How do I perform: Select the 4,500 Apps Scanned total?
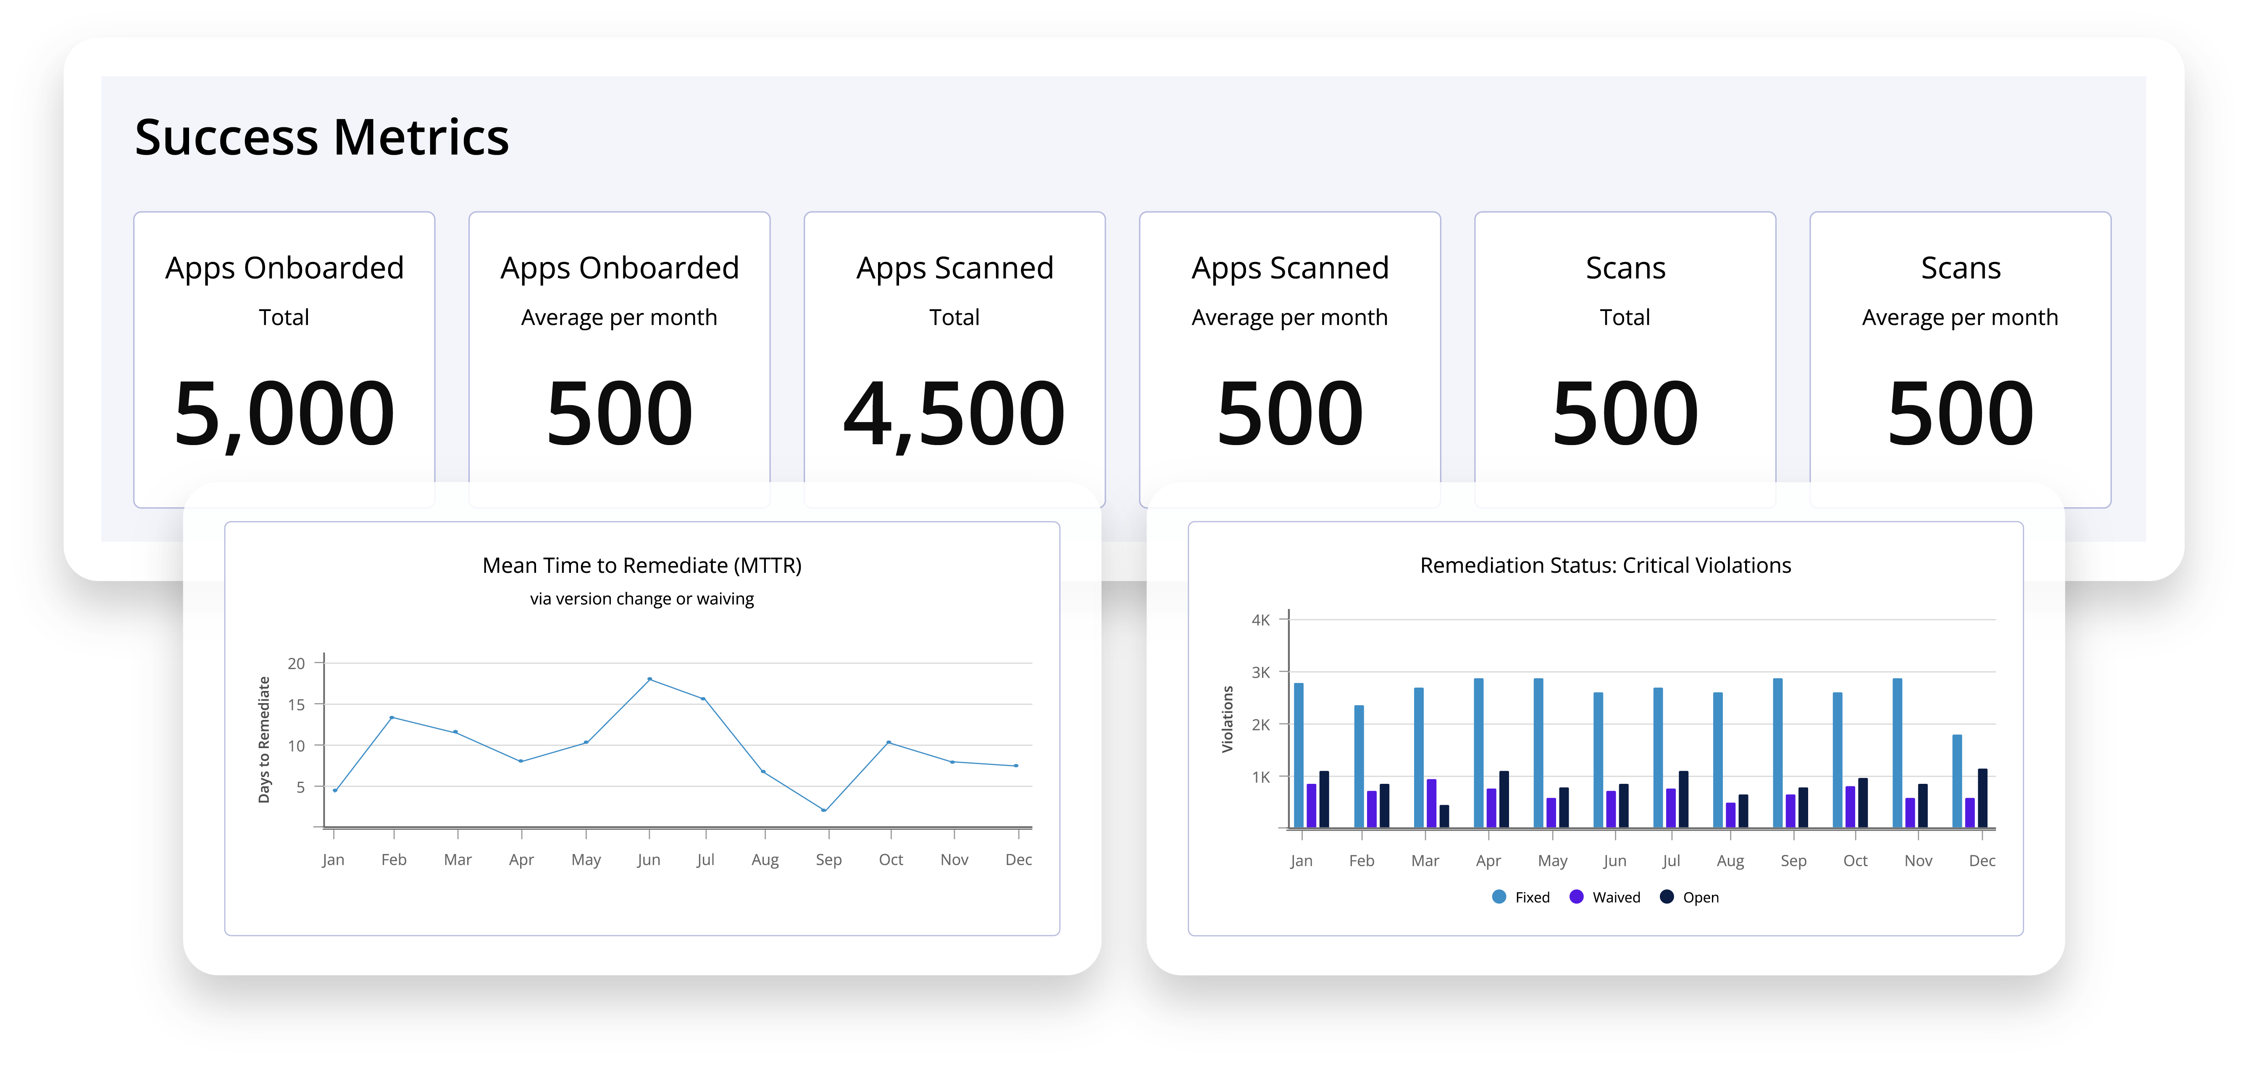point(954,414)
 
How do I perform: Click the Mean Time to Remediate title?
point(642,566)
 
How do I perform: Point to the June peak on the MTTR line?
point(649,679)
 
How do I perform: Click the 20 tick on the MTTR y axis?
point(297,664)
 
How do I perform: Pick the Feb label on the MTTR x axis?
point(394,860)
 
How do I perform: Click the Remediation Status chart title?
point(1605,566)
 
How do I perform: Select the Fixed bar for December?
point(1956,781)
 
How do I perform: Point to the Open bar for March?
point(1444,816)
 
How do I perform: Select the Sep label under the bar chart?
point(1793,861)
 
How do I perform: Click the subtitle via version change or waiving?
point(642,599)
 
